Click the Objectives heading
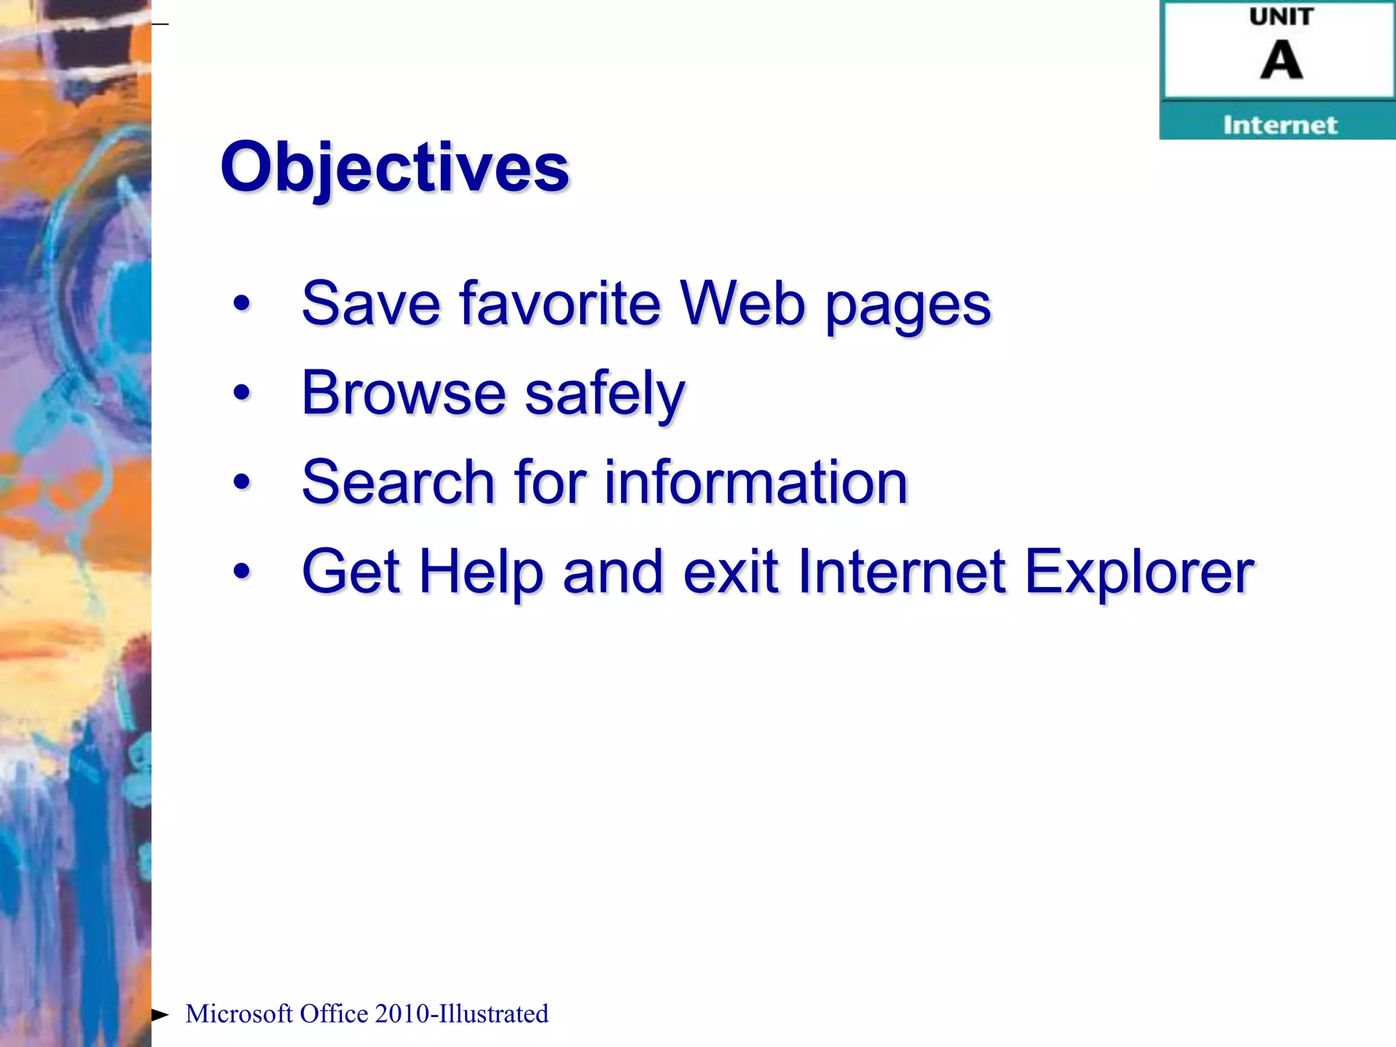point(395,167)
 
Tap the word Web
point(743,303)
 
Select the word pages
point(908,307)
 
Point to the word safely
point(605,395)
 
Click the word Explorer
point(1139,573)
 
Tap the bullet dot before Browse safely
point(241,393)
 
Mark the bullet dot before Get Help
point(241,571)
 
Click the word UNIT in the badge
point(1281,17)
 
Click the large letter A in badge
point(1281,61)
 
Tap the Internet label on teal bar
point(1279,125)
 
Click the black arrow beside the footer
point(160,1014)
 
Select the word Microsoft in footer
point(239,1014)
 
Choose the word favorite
point(560,303)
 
